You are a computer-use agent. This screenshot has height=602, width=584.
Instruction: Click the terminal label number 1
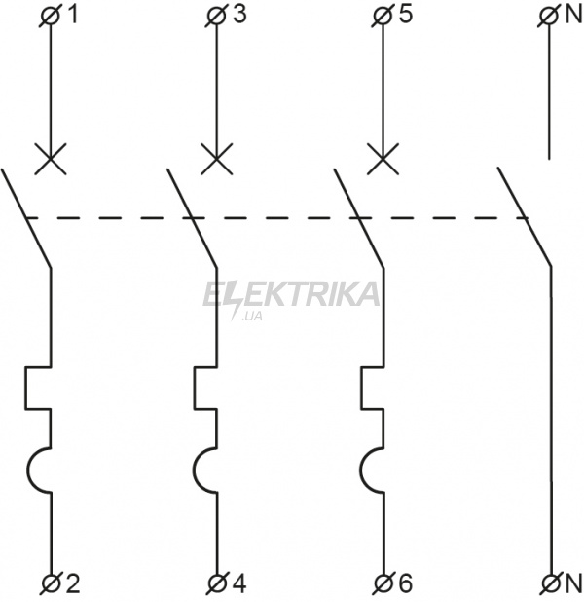pyautogui.click(x=72, y=15)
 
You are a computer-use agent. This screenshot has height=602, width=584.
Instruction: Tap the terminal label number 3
pyautogui.click(x=239, y=15)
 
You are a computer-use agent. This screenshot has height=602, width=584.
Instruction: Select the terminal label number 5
pyautogui.click(x=405, y=15)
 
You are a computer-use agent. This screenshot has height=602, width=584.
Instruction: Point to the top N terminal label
pyautogui.click(x=573, y=15)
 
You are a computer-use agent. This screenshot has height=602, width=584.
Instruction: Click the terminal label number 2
pyautogui.click(x=73, y=583)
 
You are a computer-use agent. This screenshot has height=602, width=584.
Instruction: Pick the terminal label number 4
pyautogui.click(x=239, y=583)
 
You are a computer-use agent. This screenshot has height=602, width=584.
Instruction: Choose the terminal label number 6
pyautogui.click(x=406, y=583)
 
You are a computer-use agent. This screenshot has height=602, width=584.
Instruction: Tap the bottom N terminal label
pyautogui.click(x=573, y=583)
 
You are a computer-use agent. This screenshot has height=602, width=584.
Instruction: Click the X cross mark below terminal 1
pyautogui.click(x=51, y=159)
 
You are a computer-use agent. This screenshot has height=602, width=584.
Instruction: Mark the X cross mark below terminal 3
pyautogui.click(x=217, y=159)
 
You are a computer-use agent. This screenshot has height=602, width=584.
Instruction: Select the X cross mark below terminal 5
pyautogui.click(x=383, y=159)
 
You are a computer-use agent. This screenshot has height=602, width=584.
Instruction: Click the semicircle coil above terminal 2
pyautogui.click(x=28, y=470)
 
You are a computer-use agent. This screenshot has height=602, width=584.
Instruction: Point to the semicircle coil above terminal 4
pyautogui.click(x=195, y=470)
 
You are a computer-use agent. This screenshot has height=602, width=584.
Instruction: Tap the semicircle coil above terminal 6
pyautogui.click(x=361, y=470)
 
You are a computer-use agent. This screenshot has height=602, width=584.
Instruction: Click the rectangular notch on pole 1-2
pyautogui.click(x=25, y=388)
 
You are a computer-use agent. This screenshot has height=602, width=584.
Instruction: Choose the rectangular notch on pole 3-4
pyautogui.click(x=194, y=388)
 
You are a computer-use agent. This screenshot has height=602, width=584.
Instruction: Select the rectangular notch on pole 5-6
pyautogui.click(x=361, y=388)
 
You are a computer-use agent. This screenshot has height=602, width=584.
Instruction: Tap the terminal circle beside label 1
pyautogui.click(x=50, y=18)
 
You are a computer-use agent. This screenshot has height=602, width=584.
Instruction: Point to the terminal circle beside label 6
pyautogui.click(x=383, y=584)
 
